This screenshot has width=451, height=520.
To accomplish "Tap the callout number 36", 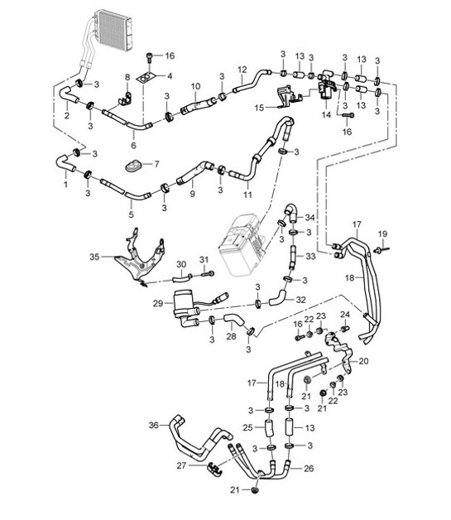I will [152, 426].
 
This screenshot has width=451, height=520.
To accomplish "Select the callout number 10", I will [195, 85].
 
